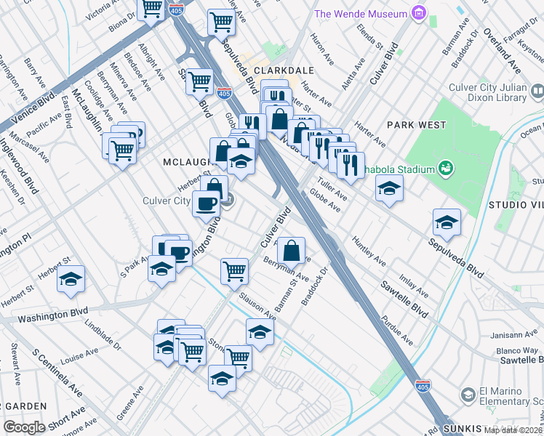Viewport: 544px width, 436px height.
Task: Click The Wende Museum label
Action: pos(360,14)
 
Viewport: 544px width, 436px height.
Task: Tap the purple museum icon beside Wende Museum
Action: pos(417,12)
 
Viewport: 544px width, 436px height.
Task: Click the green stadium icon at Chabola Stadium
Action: pos(446,169)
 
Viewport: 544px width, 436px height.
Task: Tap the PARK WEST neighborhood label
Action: pos(416,125)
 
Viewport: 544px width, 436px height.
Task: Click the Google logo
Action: pos(25,427)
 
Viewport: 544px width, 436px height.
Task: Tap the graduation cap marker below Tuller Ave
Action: pos(389,188)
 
